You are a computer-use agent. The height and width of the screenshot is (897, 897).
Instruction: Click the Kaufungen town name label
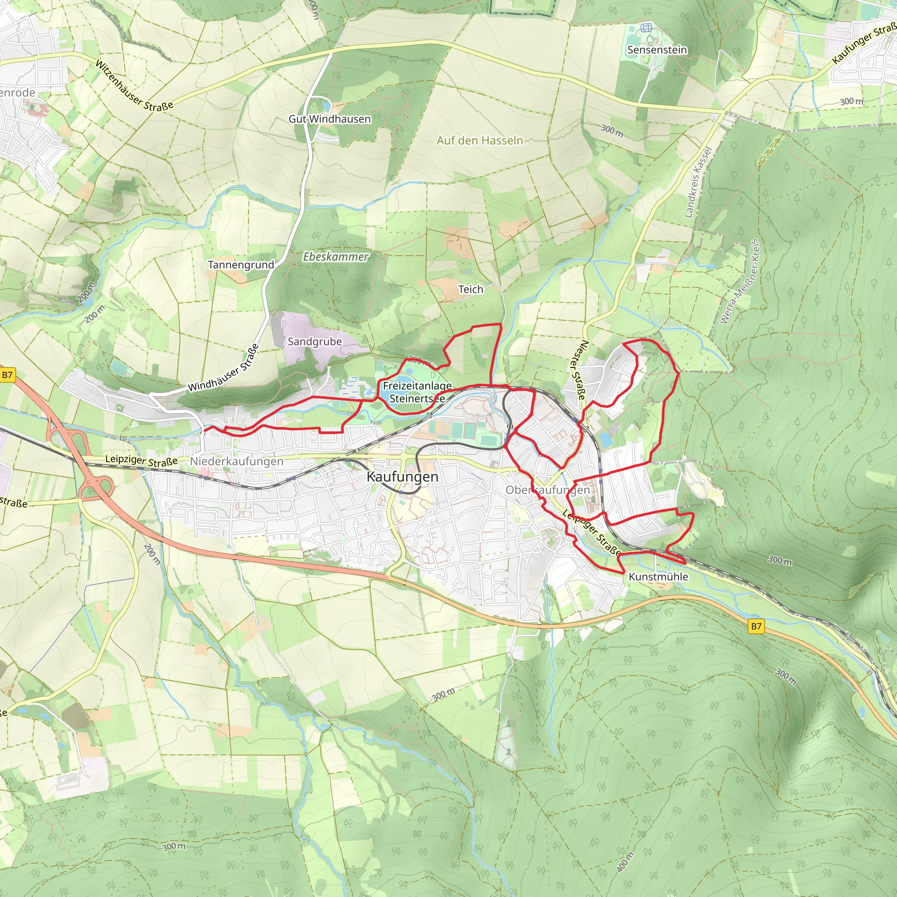[x=402, y=477]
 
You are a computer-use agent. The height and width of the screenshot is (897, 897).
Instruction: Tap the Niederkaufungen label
[x=237, y=462]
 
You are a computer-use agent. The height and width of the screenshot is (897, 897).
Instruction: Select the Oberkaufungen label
[x=547, y=490]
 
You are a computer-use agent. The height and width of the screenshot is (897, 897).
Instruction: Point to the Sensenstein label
[x=657, y=49]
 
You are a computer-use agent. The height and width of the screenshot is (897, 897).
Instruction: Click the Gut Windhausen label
[x=330, y=119]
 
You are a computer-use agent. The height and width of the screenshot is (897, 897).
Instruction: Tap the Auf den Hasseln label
[x=480, y=140]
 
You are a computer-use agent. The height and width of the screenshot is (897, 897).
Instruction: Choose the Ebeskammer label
[x=335, y=256]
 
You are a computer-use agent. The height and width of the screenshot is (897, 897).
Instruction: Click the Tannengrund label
[x=241, y=265]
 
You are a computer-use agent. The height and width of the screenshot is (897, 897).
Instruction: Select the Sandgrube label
[x=315, y=342]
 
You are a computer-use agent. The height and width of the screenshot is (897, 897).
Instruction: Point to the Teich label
[x=471, y=289]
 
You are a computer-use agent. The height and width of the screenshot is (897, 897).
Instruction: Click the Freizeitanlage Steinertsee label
[x=417, y=392]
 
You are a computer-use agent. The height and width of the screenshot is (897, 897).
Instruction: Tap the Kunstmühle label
[x=658, y=577]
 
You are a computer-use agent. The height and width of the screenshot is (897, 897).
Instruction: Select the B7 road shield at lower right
[x=756, y=626]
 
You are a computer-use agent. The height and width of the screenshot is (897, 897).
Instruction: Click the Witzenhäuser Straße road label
[x=134, y=85]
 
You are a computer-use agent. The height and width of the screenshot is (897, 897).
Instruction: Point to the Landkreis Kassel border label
[x=698, y=183]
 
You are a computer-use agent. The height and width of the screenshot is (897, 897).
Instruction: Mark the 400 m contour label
[x=625, y=862]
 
